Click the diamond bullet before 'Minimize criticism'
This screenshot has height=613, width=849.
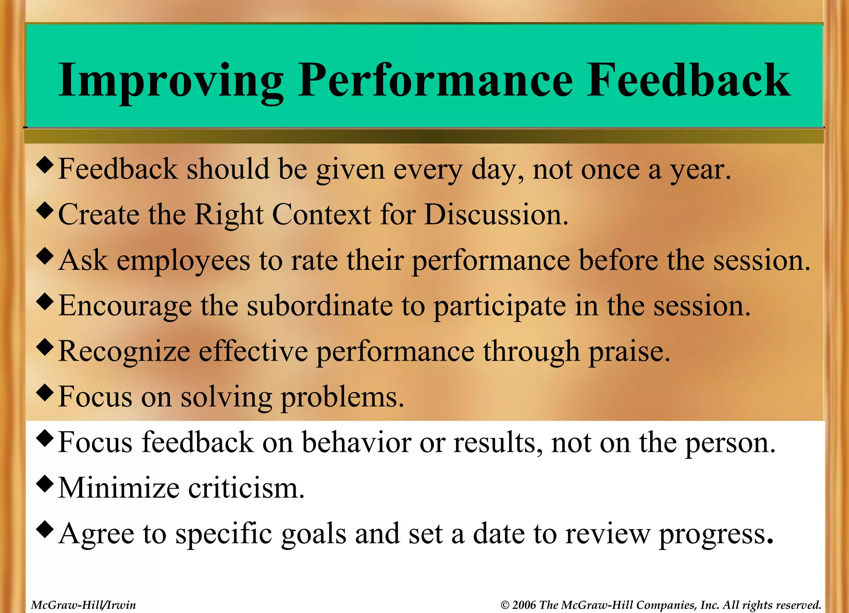[x=45, y=484]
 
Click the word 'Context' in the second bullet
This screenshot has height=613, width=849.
[x=321, y=215]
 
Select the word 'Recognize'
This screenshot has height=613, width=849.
[x=124, y=351]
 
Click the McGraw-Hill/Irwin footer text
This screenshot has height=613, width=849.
[x=83, y=605]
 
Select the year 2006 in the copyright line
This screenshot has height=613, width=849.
[x=524, y=605]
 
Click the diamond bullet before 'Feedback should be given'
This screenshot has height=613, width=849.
[x=45, y=165]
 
